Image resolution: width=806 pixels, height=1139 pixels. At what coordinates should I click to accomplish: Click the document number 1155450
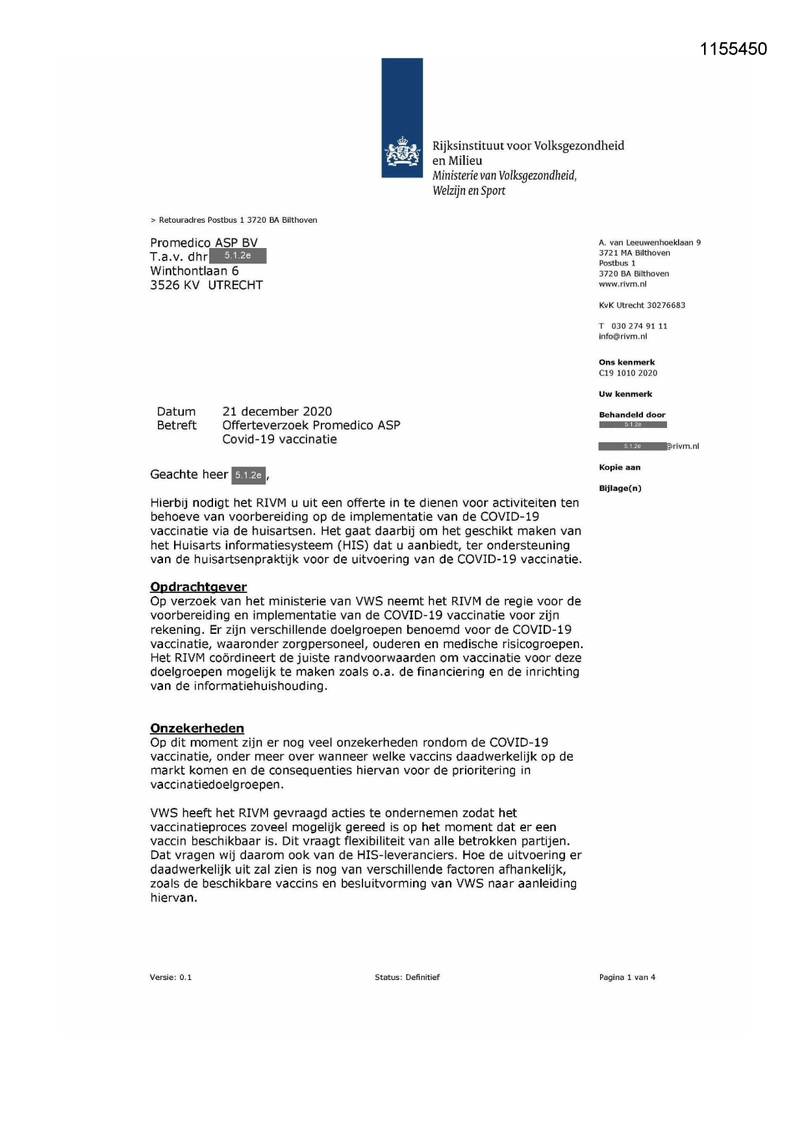pos(733,49)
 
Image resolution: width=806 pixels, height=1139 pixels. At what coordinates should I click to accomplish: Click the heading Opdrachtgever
pos(198,587)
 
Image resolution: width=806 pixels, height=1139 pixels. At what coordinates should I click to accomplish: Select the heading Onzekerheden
pos(197,729)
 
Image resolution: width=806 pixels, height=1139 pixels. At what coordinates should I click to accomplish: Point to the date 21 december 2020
pos(277,412)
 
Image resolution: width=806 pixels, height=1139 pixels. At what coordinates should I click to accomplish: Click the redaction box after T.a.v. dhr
pos(238,256)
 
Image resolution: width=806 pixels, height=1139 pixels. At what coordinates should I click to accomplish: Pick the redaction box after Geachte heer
pos(248,475)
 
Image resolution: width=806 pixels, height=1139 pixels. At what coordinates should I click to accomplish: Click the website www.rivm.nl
pos(622,284)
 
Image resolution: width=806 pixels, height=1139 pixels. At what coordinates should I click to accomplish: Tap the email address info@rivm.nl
pos(623,336)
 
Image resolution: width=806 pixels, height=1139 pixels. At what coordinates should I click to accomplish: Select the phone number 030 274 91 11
pos(639,326)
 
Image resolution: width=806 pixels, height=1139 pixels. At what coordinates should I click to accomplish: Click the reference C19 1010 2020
pos(627,373)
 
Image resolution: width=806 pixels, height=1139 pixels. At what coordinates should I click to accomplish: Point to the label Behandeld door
pos(632,415)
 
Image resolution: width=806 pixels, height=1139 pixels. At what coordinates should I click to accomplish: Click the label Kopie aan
pos(620,468)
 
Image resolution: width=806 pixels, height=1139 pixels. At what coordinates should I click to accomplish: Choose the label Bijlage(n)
pos(620,488)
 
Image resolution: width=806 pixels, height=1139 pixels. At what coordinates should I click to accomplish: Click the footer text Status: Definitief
pos(407,977)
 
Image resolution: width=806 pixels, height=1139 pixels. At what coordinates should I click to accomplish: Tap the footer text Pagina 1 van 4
pos(627,977)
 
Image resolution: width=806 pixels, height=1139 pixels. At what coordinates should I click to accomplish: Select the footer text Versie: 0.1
pos(170,977)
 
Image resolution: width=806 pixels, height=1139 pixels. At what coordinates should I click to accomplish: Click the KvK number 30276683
pos(666,305)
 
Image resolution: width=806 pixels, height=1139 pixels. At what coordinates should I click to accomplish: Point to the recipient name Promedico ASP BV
pos(204,243)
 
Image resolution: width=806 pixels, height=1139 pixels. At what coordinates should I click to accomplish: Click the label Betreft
pos(176,425)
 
